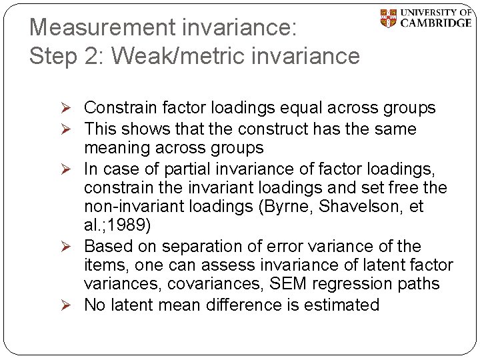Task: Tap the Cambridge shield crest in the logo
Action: [388, 18]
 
